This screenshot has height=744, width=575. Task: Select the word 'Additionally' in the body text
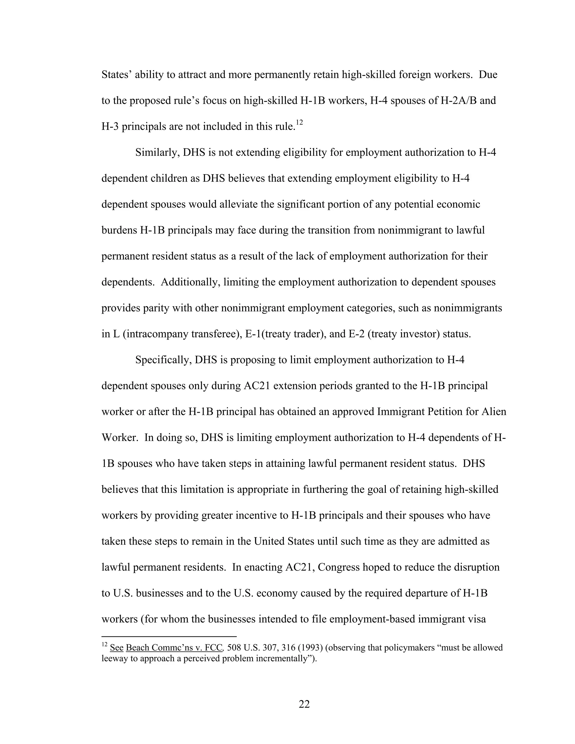click(190, 282)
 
